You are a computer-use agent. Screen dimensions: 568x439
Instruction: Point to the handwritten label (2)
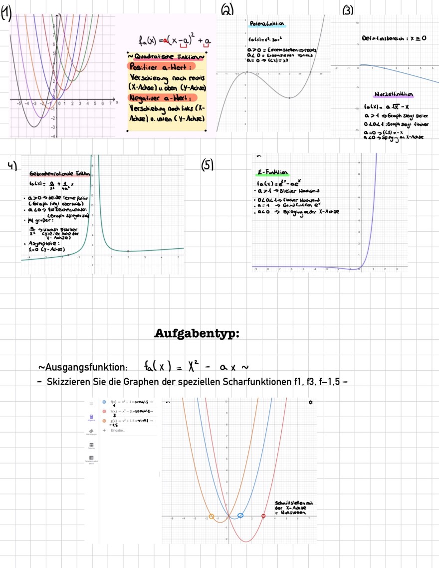click(227, 8)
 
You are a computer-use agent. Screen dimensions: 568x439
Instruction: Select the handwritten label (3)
click(348, 8)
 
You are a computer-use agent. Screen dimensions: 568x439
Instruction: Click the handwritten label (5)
click(207, 165)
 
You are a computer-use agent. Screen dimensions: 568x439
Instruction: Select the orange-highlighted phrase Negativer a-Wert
click(163, 97)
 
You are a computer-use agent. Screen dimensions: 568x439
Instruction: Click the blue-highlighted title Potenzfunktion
click(267, 24)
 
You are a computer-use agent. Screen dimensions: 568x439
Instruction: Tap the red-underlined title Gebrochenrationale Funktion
click(60, 173)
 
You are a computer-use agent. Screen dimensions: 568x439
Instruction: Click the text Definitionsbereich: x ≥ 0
click(391, 38)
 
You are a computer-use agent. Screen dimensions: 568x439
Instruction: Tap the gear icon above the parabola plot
click(311, 402)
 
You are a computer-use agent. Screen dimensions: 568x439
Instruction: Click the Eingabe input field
click(118, 430)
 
